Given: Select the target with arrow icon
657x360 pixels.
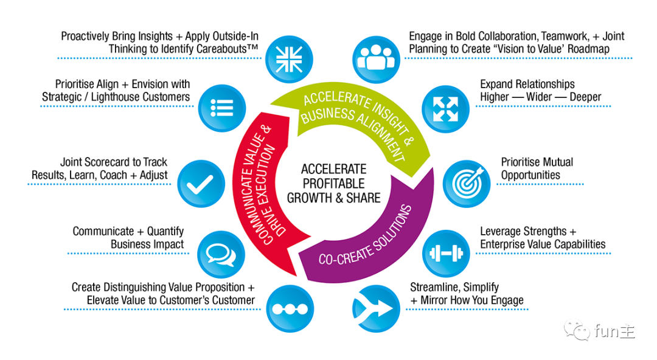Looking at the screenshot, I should pos(467,182).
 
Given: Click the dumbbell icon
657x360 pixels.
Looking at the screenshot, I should pos(443,252).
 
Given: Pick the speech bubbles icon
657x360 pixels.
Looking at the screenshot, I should pos(221,253).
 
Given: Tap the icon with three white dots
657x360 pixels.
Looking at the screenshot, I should pos(287,308).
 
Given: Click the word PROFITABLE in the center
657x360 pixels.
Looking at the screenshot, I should pos(333,183).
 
